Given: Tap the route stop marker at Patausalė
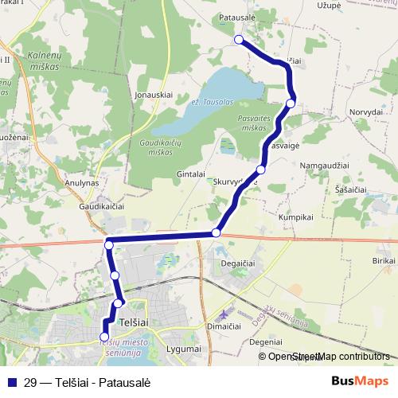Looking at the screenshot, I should tap(239, 39).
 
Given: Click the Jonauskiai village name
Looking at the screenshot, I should tap(154, 94).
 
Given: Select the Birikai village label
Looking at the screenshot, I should tap(384, 260).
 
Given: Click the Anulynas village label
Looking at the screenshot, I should tap(80, 181).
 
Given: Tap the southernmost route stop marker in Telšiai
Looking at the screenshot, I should tap(103, 337).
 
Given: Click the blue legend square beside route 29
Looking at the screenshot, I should tap(12, 380).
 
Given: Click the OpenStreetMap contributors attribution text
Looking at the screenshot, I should tap(329, 356).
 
